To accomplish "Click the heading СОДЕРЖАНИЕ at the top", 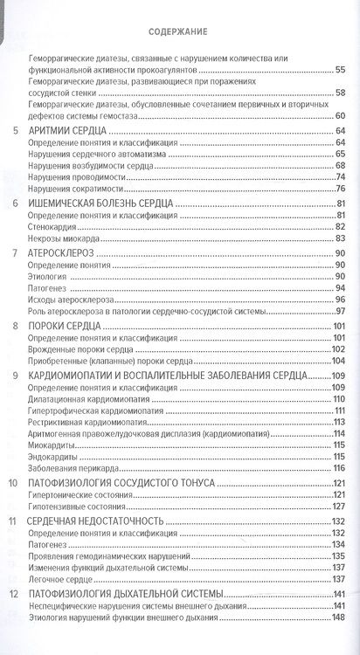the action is (178, 34).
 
